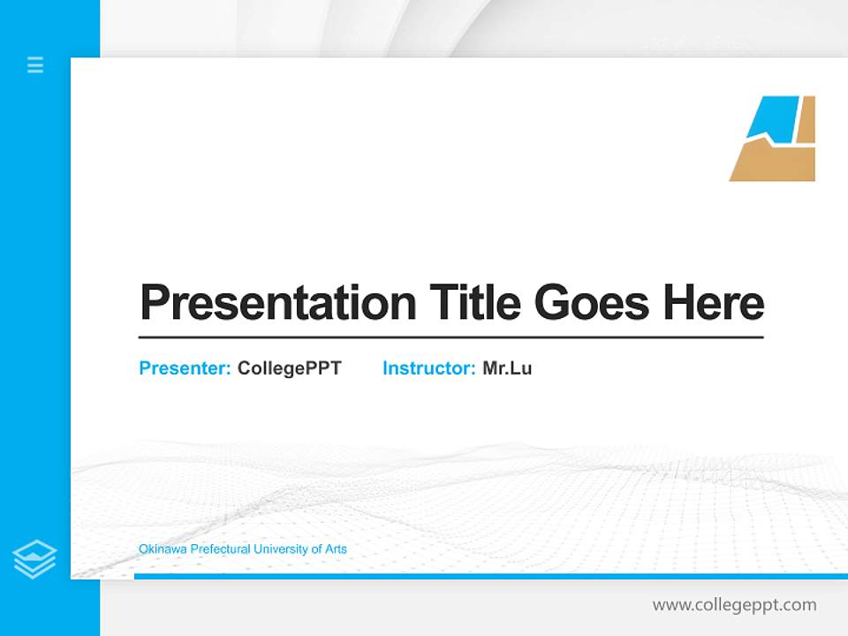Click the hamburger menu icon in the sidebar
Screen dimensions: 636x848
click(35, 64)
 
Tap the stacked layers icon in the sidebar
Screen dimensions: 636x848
click(34, 559)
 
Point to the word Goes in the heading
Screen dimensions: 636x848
click(592, 303)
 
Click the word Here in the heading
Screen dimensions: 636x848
click(714, 302)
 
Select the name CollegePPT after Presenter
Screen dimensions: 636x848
click(289, 368)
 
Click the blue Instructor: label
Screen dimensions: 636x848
click(429, 368)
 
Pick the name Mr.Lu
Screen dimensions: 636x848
click(507, 368)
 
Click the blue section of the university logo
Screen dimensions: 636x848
click(774, 117)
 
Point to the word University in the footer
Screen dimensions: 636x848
click(281, 549)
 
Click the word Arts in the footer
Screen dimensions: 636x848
click(336, 549)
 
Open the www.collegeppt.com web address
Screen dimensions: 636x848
click(734, 605)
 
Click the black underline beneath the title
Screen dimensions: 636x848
click(450, 337)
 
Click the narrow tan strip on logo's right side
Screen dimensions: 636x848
click(806, 119)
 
